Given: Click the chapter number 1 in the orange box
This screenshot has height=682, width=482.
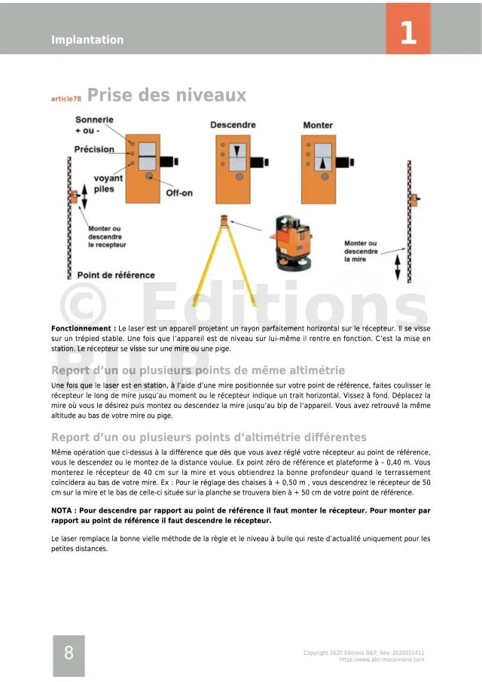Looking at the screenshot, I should [x=408, y=32].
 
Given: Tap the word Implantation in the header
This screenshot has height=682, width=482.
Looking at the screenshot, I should [x=87, y=40].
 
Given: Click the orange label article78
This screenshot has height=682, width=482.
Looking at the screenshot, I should [x=66, y=99].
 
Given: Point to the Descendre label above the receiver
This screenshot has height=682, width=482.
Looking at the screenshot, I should [x=233, y=125].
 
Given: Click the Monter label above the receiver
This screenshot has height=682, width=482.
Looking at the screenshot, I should [x=318, y=125].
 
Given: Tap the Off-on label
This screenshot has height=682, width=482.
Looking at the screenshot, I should [x=178, y=193].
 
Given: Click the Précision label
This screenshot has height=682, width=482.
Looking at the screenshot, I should [x=94, y=149].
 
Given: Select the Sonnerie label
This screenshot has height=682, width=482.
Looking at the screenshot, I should [x=94, y=120].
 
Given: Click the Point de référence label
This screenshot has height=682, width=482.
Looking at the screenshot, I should [x=116, y=275].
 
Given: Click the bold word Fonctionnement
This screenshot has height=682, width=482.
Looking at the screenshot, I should [x=84, y=329].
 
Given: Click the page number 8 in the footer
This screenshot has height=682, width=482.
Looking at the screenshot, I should [x=69, y=653].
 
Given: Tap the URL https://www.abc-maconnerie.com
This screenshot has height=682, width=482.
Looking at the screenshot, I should [x=381, y=659].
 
